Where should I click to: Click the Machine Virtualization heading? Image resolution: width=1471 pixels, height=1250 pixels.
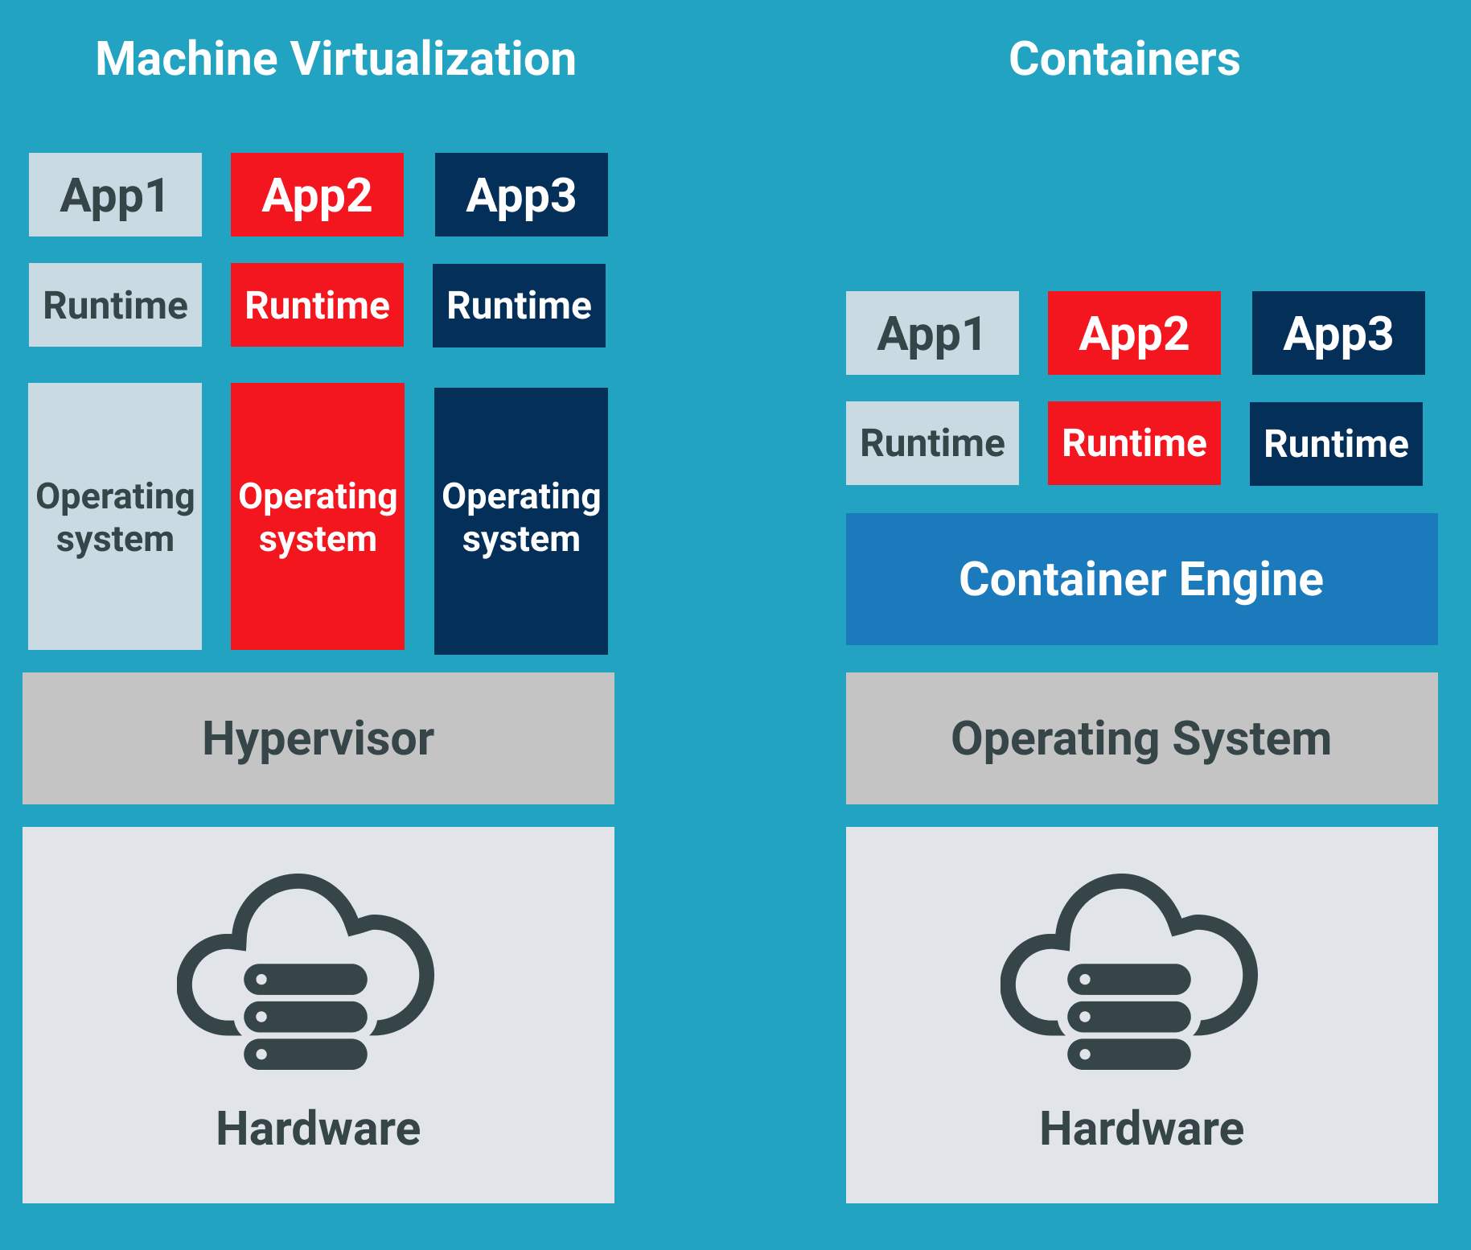pos(335,59)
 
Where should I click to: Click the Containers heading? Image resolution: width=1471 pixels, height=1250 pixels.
pos(1124,59)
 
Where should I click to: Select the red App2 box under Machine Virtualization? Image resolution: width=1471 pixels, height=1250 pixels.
pos(317,195)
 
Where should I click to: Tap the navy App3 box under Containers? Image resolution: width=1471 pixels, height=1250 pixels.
pos(1337,333)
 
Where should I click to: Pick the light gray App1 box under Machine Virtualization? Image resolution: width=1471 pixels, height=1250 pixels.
pos(115,195)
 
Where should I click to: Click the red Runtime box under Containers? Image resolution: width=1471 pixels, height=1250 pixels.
pos(1134,443)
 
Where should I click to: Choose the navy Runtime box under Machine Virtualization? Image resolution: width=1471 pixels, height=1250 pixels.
pos(519,306)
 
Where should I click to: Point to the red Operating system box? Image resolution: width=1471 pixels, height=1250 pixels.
pos(317,516)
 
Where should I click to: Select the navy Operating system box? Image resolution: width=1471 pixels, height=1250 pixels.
pos(520,521)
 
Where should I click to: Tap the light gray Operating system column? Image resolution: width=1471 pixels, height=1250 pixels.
pos(115,516)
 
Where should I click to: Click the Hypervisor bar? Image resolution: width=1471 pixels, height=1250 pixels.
pos(318,738)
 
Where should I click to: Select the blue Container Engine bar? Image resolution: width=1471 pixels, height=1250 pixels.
pos(1141,579)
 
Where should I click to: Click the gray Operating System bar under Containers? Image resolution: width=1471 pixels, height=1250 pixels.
pos(1141,738)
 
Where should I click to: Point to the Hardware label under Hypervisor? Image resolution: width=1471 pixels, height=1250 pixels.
pos(318,1128)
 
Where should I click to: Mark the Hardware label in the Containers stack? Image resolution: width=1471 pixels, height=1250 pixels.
pos(1141,1128)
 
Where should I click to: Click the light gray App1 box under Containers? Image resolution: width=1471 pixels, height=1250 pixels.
pos(932,333)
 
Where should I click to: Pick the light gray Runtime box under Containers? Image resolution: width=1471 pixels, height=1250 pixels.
pos(932,443)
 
